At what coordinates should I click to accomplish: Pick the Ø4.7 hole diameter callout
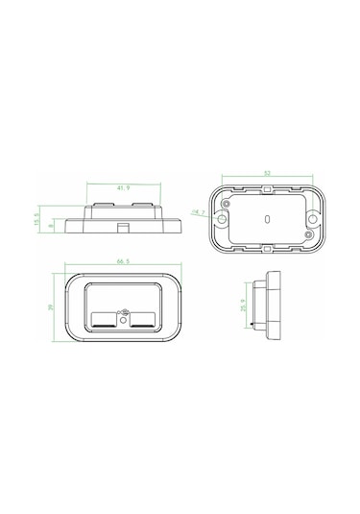pyautogui.click(x=199, y=212)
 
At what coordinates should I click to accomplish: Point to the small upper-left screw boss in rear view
pyautogui.click(x=230, y=204)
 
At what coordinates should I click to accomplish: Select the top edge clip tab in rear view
pyautogui.click(x=265, y=192)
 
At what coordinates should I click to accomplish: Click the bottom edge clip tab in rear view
pyautogui.click(x=265, y=248)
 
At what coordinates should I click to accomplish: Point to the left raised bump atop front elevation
pyautogui.click(x=103, y=206)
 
